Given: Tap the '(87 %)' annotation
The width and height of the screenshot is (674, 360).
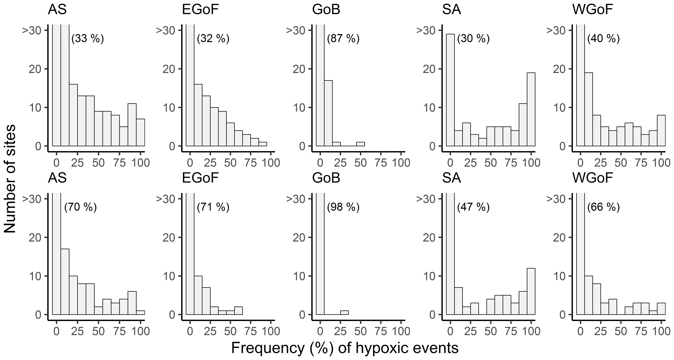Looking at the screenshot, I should tap(343, 39).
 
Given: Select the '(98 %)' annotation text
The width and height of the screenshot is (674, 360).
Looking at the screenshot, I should tap(343, 207).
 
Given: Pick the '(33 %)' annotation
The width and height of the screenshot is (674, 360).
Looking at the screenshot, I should tap(88, 39).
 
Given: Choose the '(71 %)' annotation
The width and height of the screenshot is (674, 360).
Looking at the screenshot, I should tap(213, 207).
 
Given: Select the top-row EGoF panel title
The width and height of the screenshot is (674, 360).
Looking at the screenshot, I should tap(200, 10).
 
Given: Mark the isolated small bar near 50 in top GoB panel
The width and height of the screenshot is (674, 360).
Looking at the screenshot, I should tap(360, 144).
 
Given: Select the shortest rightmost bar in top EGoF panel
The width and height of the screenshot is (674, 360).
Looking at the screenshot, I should tap(263, 144).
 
